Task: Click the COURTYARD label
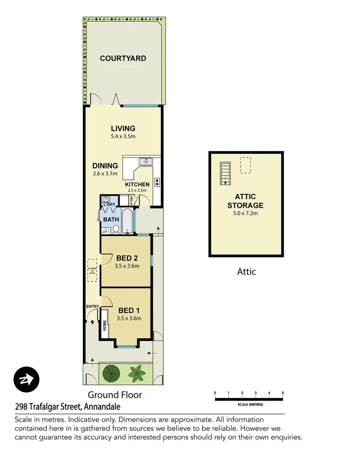tap(123, 59)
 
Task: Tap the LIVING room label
tap(123, 128)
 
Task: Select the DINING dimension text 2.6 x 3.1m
tap(105, 174)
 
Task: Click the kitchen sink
tap(146, 161)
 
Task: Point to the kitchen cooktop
tap(157, 182)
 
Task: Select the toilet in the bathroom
tap(116, 229)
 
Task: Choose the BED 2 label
tap(127, 258)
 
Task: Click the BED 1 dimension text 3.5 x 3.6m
tap(129, 318)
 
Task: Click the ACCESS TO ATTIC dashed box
tap(92, 270)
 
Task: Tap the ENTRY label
tap(92, 306)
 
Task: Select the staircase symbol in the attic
tap(225, 173)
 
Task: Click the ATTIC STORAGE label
tap(245, 201)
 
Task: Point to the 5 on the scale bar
tap(283, 393)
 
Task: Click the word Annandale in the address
tap(102, 407)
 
